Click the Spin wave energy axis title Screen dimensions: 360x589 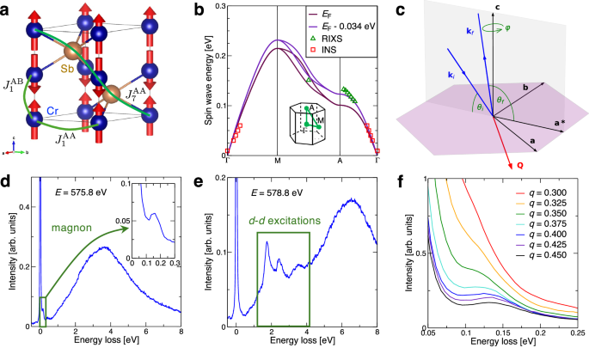(207, 82)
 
